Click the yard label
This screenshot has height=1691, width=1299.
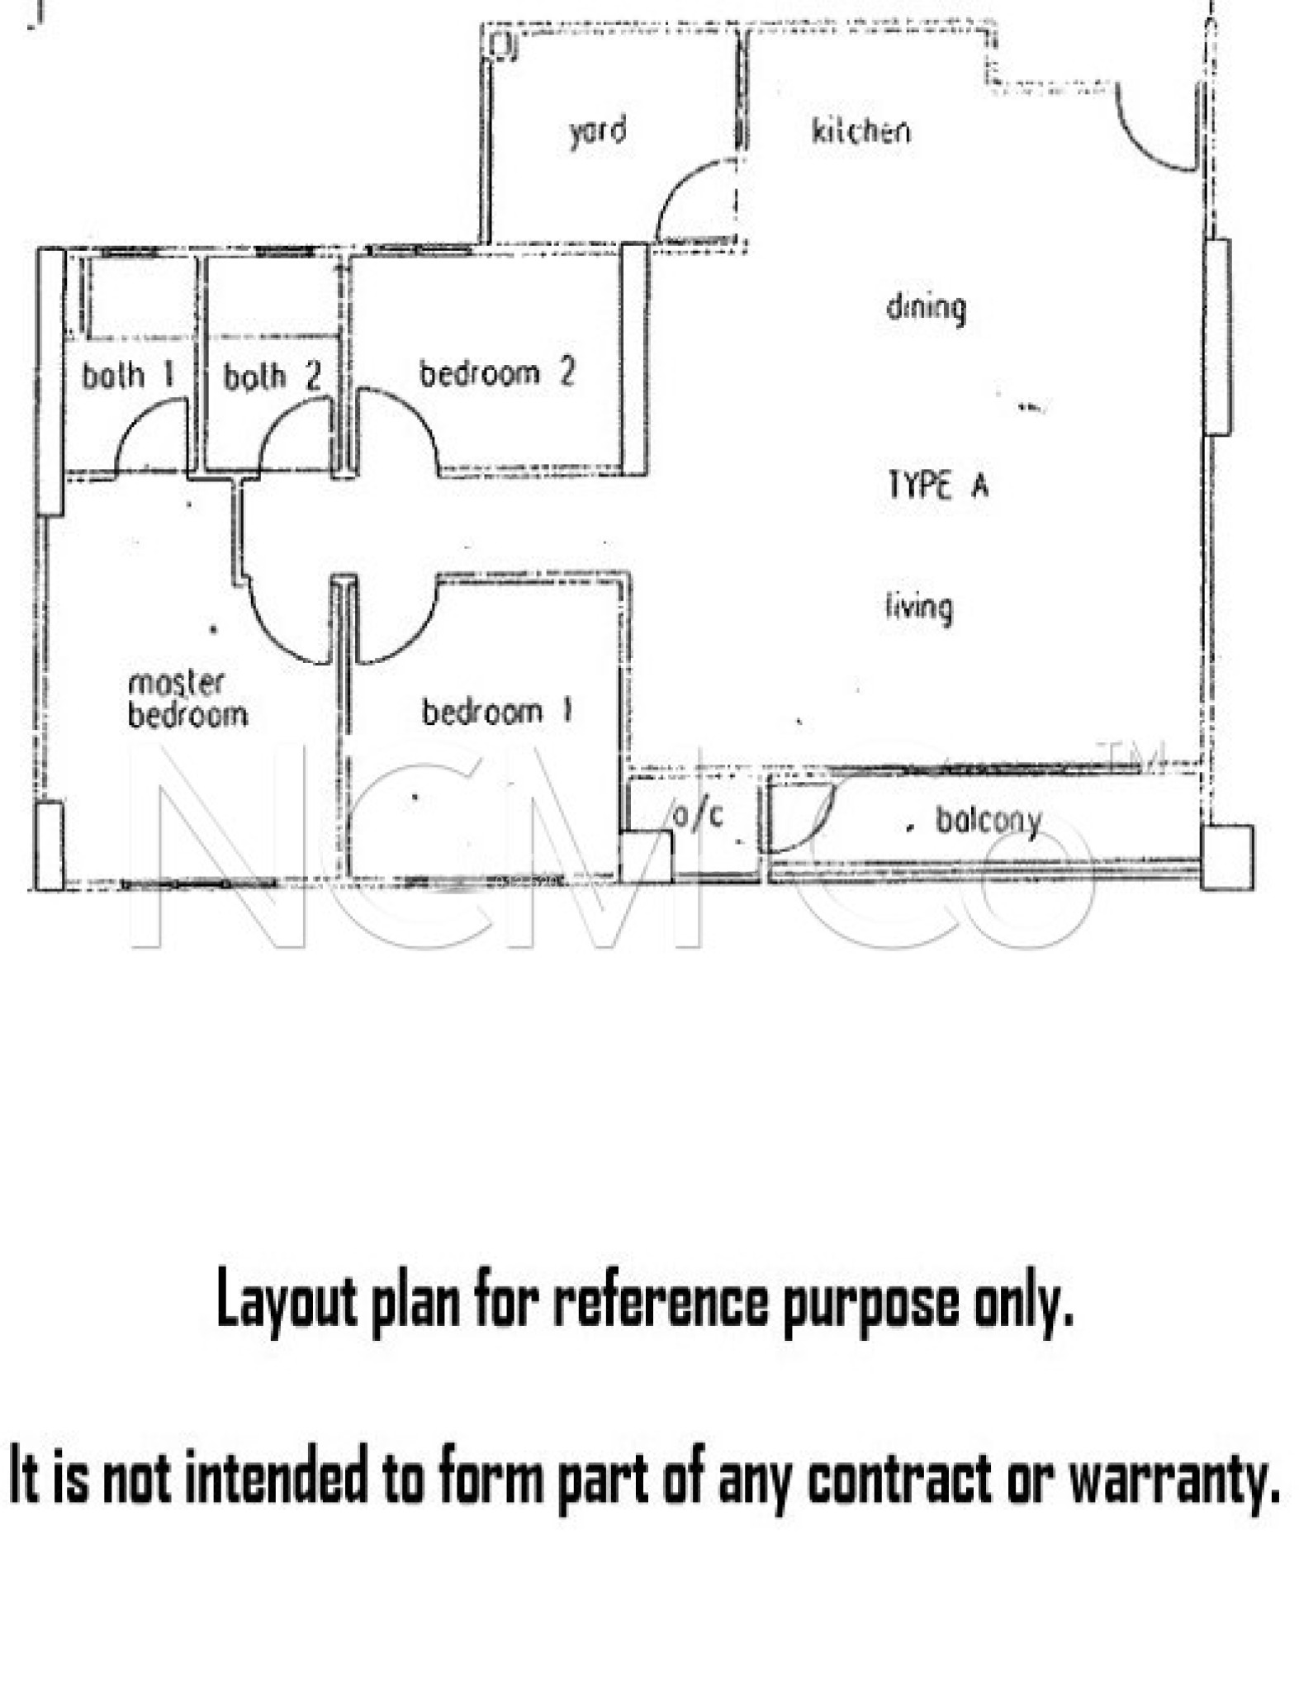coord(597,132)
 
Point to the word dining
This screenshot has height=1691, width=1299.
coord(926,309)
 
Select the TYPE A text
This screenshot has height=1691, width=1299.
coord(937,485)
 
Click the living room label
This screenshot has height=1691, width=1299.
coord(918,609)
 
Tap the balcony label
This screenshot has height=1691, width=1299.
coord(988,822)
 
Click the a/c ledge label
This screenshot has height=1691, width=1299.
coord(698,815)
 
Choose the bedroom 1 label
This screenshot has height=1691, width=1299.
coord(496,712)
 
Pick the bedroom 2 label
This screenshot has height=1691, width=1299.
coord(496,373)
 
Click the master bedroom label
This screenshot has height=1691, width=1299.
coord(187,699)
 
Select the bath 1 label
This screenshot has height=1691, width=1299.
coord(128,376)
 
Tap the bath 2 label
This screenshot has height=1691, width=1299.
coord(272,377)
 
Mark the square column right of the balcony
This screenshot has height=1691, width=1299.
coord(1226,857)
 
